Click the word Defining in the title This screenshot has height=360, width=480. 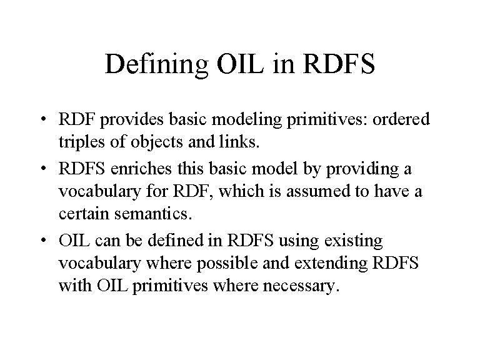(x=156, y=64)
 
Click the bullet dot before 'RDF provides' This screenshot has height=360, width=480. (x=44, y=119)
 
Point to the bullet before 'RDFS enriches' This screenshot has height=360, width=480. (x=44, y=168)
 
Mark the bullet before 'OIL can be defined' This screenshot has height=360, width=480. (x=44, y=240)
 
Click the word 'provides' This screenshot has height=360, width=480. (x=132, y=120)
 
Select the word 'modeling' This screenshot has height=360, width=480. (x=246, y=120)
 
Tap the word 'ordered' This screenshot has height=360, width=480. (x=401, y=119)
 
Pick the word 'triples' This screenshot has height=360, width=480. (x=81, y=142)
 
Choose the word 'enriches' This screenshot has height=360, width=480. (x=141, y=168)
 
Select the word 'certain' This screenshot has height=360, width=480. (x=84, y=213)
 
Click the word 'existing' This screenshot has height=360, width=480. (x=354, y=241)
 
